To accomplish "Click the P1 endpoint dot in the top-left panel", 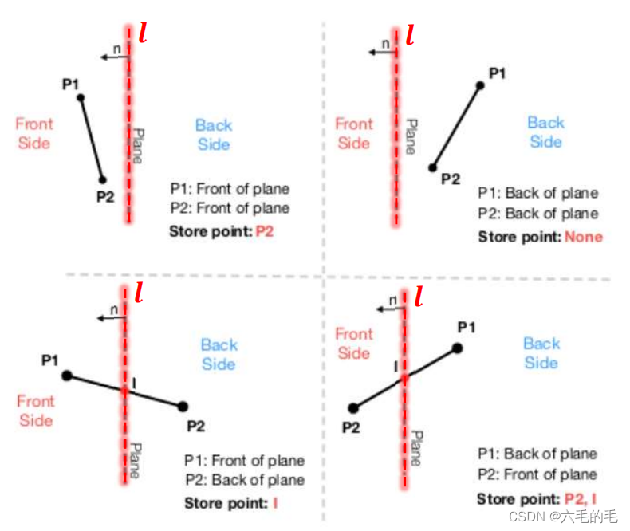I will tap(80, 98).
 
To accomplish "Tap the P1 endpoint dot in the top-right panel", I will tap(480, 85).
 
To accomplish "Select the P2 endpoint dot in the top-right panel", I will tap(432, 167).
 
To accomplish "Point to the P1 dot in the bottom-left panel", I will tap(67, 375).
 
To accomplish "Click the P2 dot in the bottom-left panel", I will tap(183, 406).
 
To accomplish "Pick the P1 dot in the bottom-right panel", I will tap(457, 348).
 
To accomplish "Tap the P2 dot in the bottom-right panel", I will tap(353, 407).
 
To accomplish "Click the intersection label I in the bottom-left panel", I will tap(133, 384).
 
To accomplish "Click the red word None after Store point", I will tap(584, 237).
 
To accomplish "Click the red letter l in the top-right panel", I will tap(410, 36).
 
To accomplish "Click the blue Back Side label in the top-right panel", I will tap(545, 132).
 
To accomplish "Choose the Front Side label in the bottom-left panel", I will tap(36, 410).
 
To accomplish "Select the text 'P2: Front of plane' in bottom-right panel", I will tap(537, 474).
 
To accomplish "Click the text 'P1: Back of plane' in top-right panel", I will tap(537, 193).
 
